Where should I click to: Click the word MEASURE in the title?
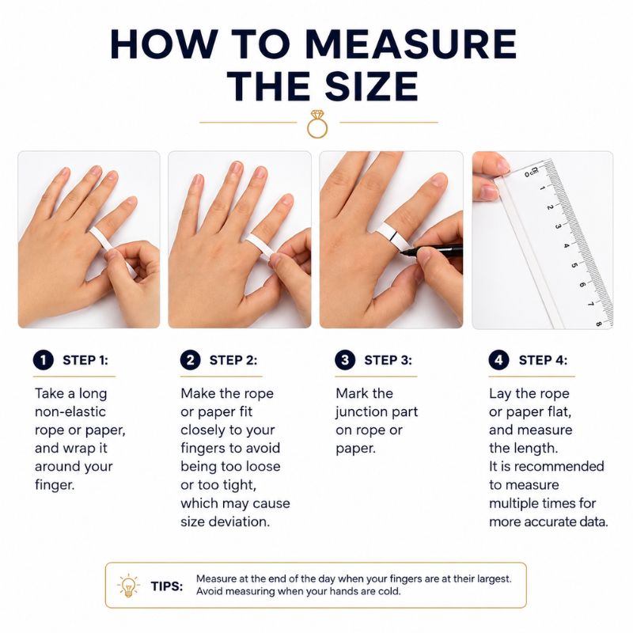point(411,44)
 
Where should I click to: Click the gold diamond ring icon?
point(317,124)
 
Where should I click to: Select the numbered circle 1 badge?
point(44,360)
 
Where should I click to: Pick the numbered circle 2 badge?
point(191,360)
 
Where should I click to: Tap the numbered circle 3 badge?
point(345,360)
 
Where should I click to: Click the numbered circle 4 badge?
point(499,360)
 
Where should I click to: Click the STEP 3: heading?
point(388,360)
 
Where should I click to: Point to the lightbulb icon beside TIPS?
point(128,586)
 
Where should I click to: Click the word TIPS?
point(167,586)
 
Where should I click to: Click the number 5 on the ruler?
point(574,265)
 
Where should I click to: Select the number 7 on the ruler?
point(590,303)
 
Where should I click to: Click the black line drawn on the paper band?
point(392,236)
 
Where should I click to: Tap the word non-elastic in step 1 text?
point(70,411)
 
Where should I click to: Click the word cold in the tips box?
point(389,591)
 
